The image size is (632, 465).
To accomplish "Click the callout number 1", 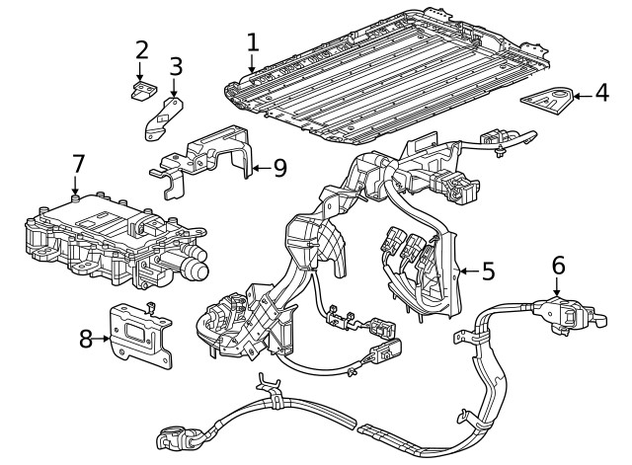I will (253, 41).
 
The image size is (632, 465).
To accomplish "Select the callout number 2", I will (142, 49).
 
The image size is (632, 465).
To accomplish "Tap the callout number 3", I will (176, 67).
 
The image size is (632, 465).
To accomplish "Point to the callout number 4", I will (602, 95).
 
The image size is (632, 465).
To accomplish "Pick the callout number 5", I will (487, 271).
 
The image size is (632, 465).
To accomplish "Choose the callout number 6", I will (558, 265).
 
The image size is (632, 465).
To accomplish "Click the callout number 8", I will (87, 339).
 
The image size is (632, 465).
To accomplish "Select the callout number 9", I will (279, 168).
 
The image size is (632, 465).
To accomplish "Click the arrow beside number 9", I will (259, 168).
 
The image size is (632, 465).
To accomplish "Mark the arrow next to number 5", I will (467, 271).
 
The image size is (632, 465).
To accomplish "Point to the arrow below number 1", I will (253, 66).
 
